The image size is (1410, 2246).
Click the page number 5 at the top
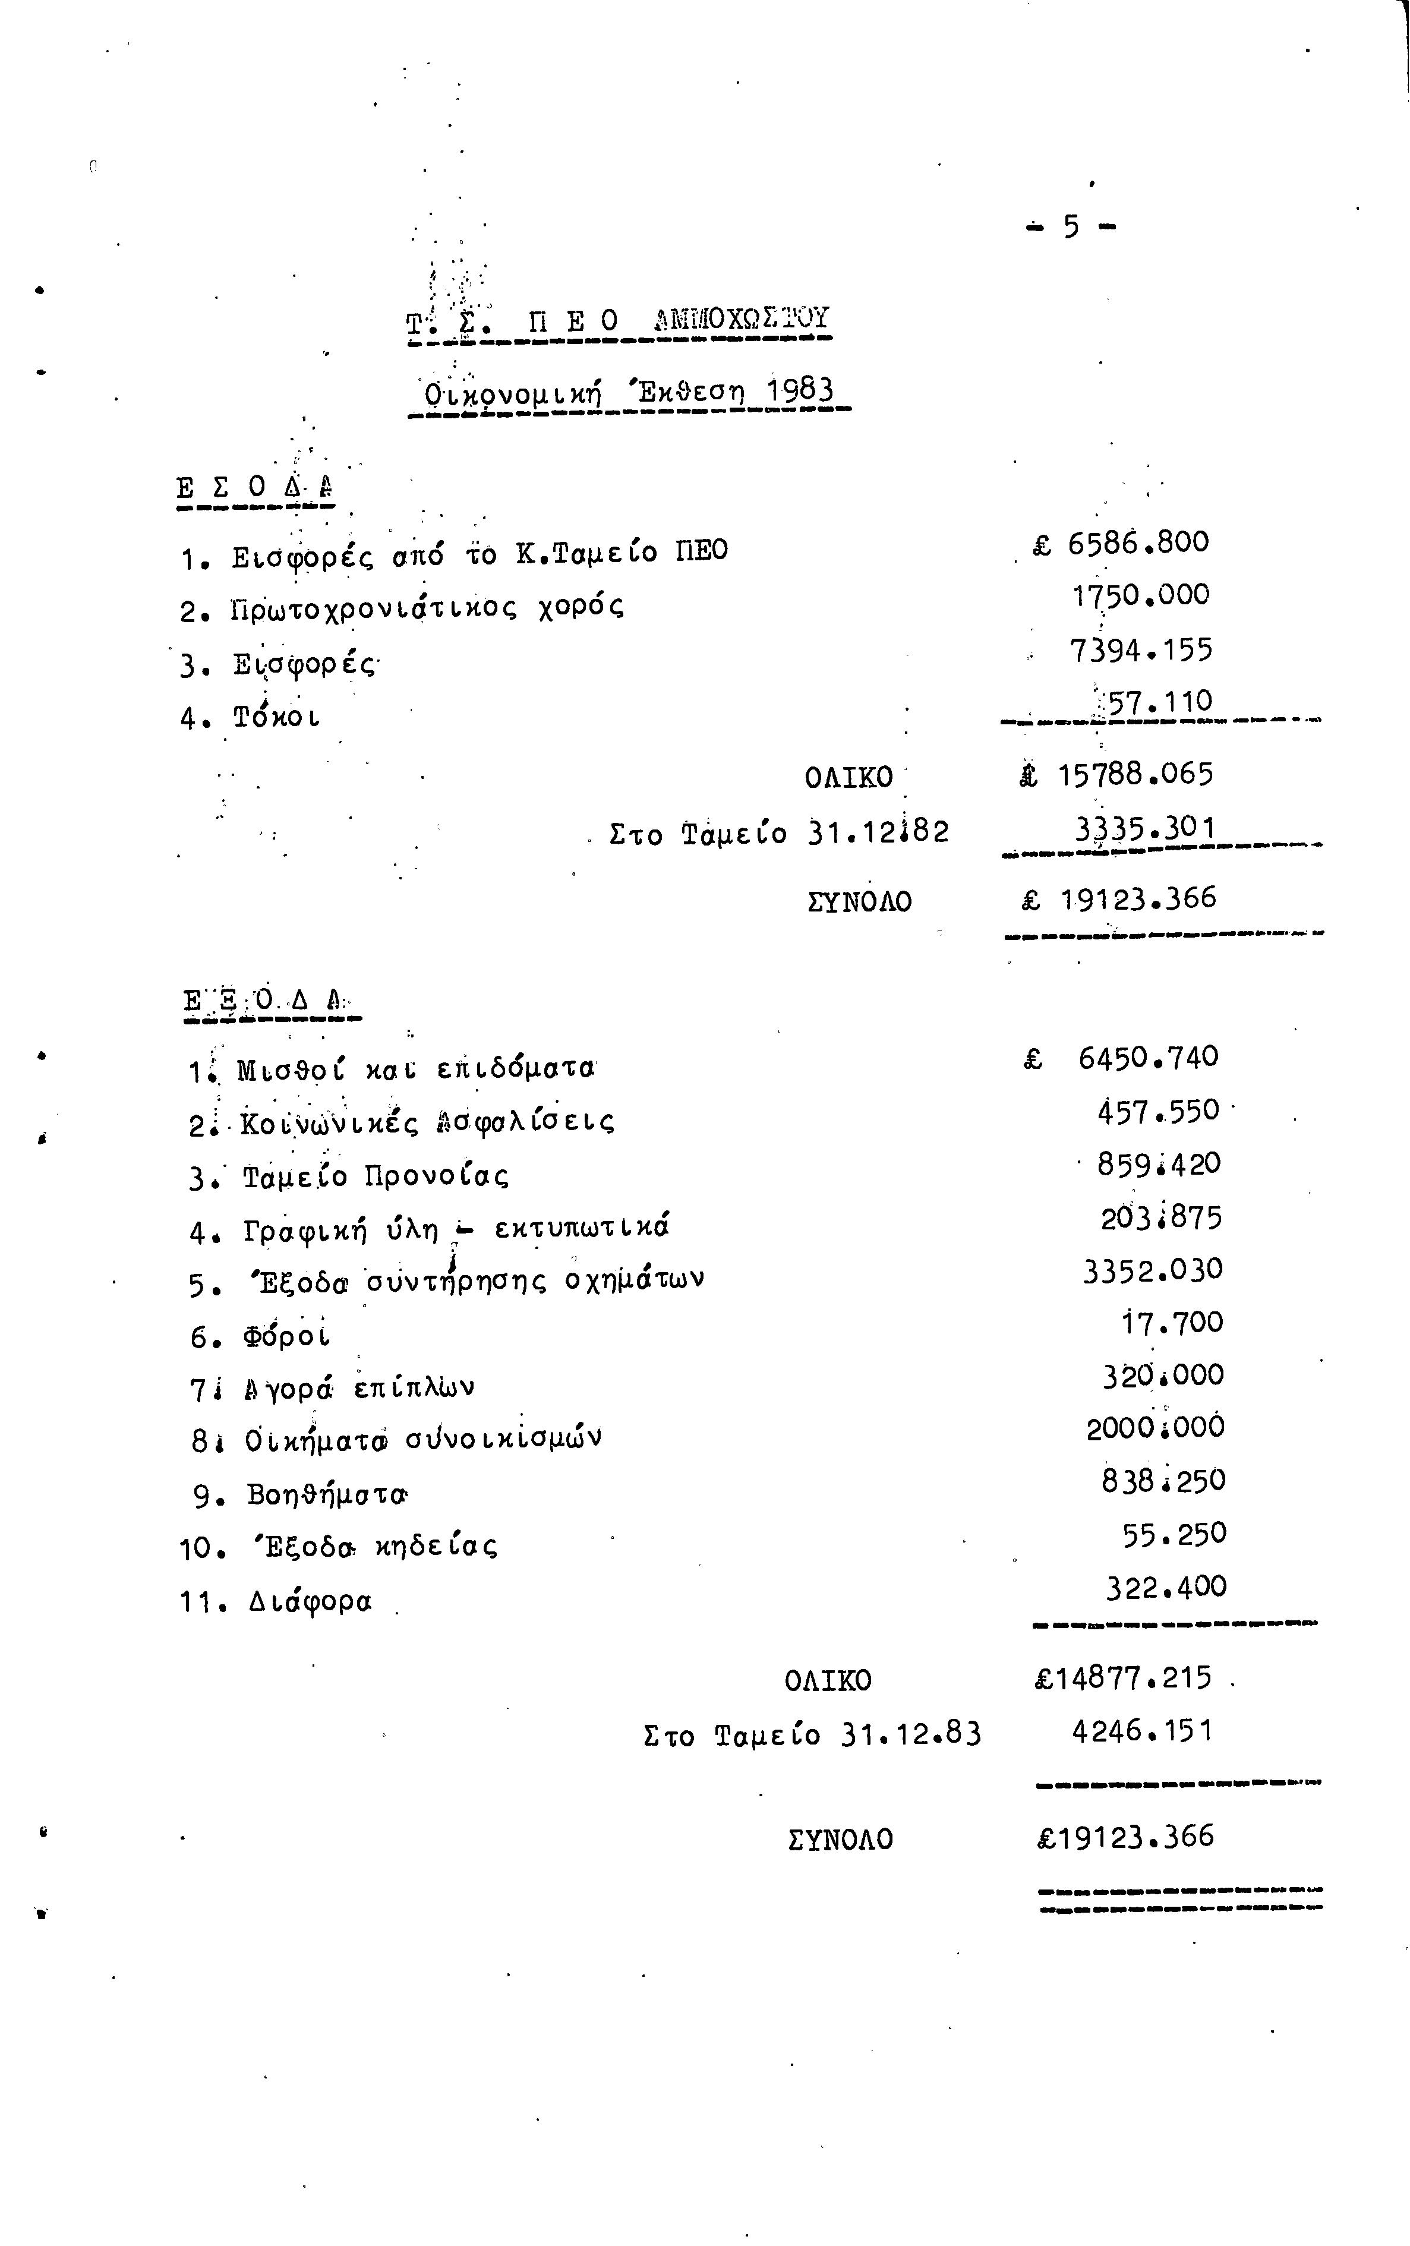tap(1071, 226)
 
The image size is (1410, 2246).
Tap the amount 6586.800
tap(1138, 542)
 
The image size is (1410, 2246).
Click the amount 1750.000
tap(1140, 595)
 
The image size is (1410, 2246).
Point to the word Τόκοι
tap(277, 718)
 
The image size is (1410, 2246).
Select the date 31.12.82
tap(878, 831)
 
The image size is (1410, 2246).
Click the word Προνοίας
tap(436, 1176)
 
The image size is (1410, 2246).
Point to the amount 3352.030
tap(1152, 1270)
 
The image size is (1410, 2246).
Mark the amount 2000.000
tap(1155, 1427)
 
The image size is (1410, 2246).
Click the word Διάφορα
tap(311, 1602)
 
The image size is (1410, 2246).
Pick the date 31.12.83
tap(910, 1734)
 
